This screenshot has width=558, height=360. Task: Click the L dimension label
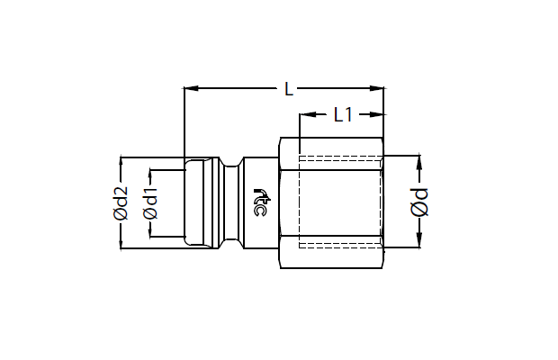point(289,89)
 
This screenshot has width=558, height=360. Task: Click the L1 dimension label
point(343,114)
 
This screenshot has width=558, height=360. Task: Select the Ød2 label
point(121,202)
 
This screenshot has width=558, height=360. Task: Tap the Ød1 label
point(150,202)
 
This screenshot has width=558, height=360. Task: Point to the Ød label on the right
point(419,202)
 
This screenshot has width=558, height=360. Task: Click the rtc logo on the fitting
point(261,202)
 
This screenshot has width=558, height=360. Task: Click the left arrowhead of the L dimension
point(191,88)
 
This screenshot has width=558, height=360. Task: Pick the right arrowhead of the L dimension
point(377,88)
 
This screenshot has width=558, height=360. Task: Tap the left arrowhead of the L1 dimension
point(308,114)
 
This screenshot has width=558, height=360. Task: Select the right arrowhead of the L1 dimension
point(376,114)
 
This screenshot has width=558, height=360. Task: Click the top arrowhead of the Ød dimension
point(419,163)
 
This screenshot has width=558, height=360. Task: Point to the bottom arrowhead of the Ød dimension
point(419,239)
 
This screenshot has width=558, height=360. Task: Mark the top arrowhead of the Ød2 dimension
point(121,164)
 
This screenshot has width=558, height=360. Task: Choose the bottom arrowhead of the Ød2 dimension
point(121,241)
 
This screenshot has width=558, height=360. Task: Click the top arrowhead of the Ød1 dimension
point(150,176)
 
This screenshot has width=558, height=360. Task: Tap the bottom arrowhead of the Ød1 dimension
point(150,229)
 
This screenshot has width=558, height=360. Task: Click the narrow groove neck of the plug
point(231,202)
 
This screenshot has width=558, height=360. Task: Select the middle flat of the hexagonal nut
point(332,202)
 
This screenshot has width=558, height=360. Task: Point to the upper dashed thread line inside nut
point(341,157)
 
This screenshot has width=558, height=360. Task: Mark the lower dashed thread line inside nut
point(341,246)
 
